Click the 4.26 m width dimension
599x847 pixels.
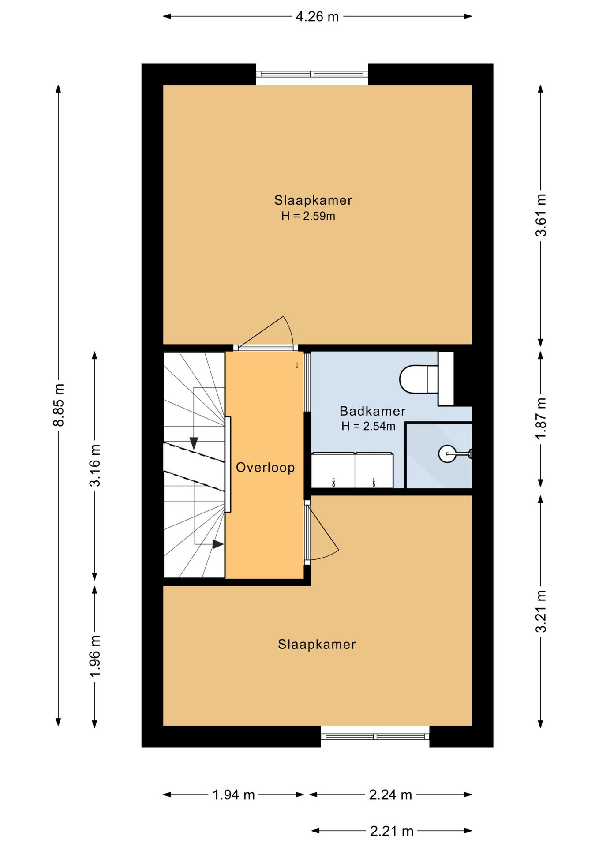[x=317, y=17]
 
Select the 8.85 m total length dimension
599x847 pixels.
[x=59, y=405]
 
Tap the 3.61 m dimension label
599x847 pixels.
[x=541, y=215]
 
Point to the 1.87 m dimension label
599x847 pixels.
[x=541, y=418]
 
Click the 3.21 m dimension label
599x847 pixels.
[x=541, y=611]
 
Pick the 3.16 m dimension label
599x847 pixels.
[x=95, y=465]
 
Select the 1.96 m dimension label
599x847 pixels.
[x=95, y=656]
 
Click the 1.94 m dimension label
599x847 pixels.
[x=234, y=795]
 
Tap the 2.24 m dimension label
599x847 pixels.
[x=390, y=795]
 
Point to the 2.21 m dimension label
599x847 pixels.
[x=392, y=831]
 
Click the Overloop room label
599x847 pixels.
[x=266, y=468]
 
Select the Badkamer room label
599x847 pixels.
[x=373, y=411]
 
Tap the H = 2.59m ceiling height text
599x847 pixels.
[x=308, y=216]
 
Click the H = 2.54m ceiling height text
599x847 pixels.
[x=368, y=426]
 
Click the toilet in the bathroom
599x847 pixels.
[x=419, y=379]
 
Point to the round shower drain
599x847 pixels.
[x=447, y=453]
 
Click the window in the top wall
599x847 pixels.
[x=312, y=74]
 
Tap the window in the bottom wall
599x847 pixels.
[x=375, y=736]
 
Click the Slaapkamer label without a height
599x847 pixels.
[x=317, y=645]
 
